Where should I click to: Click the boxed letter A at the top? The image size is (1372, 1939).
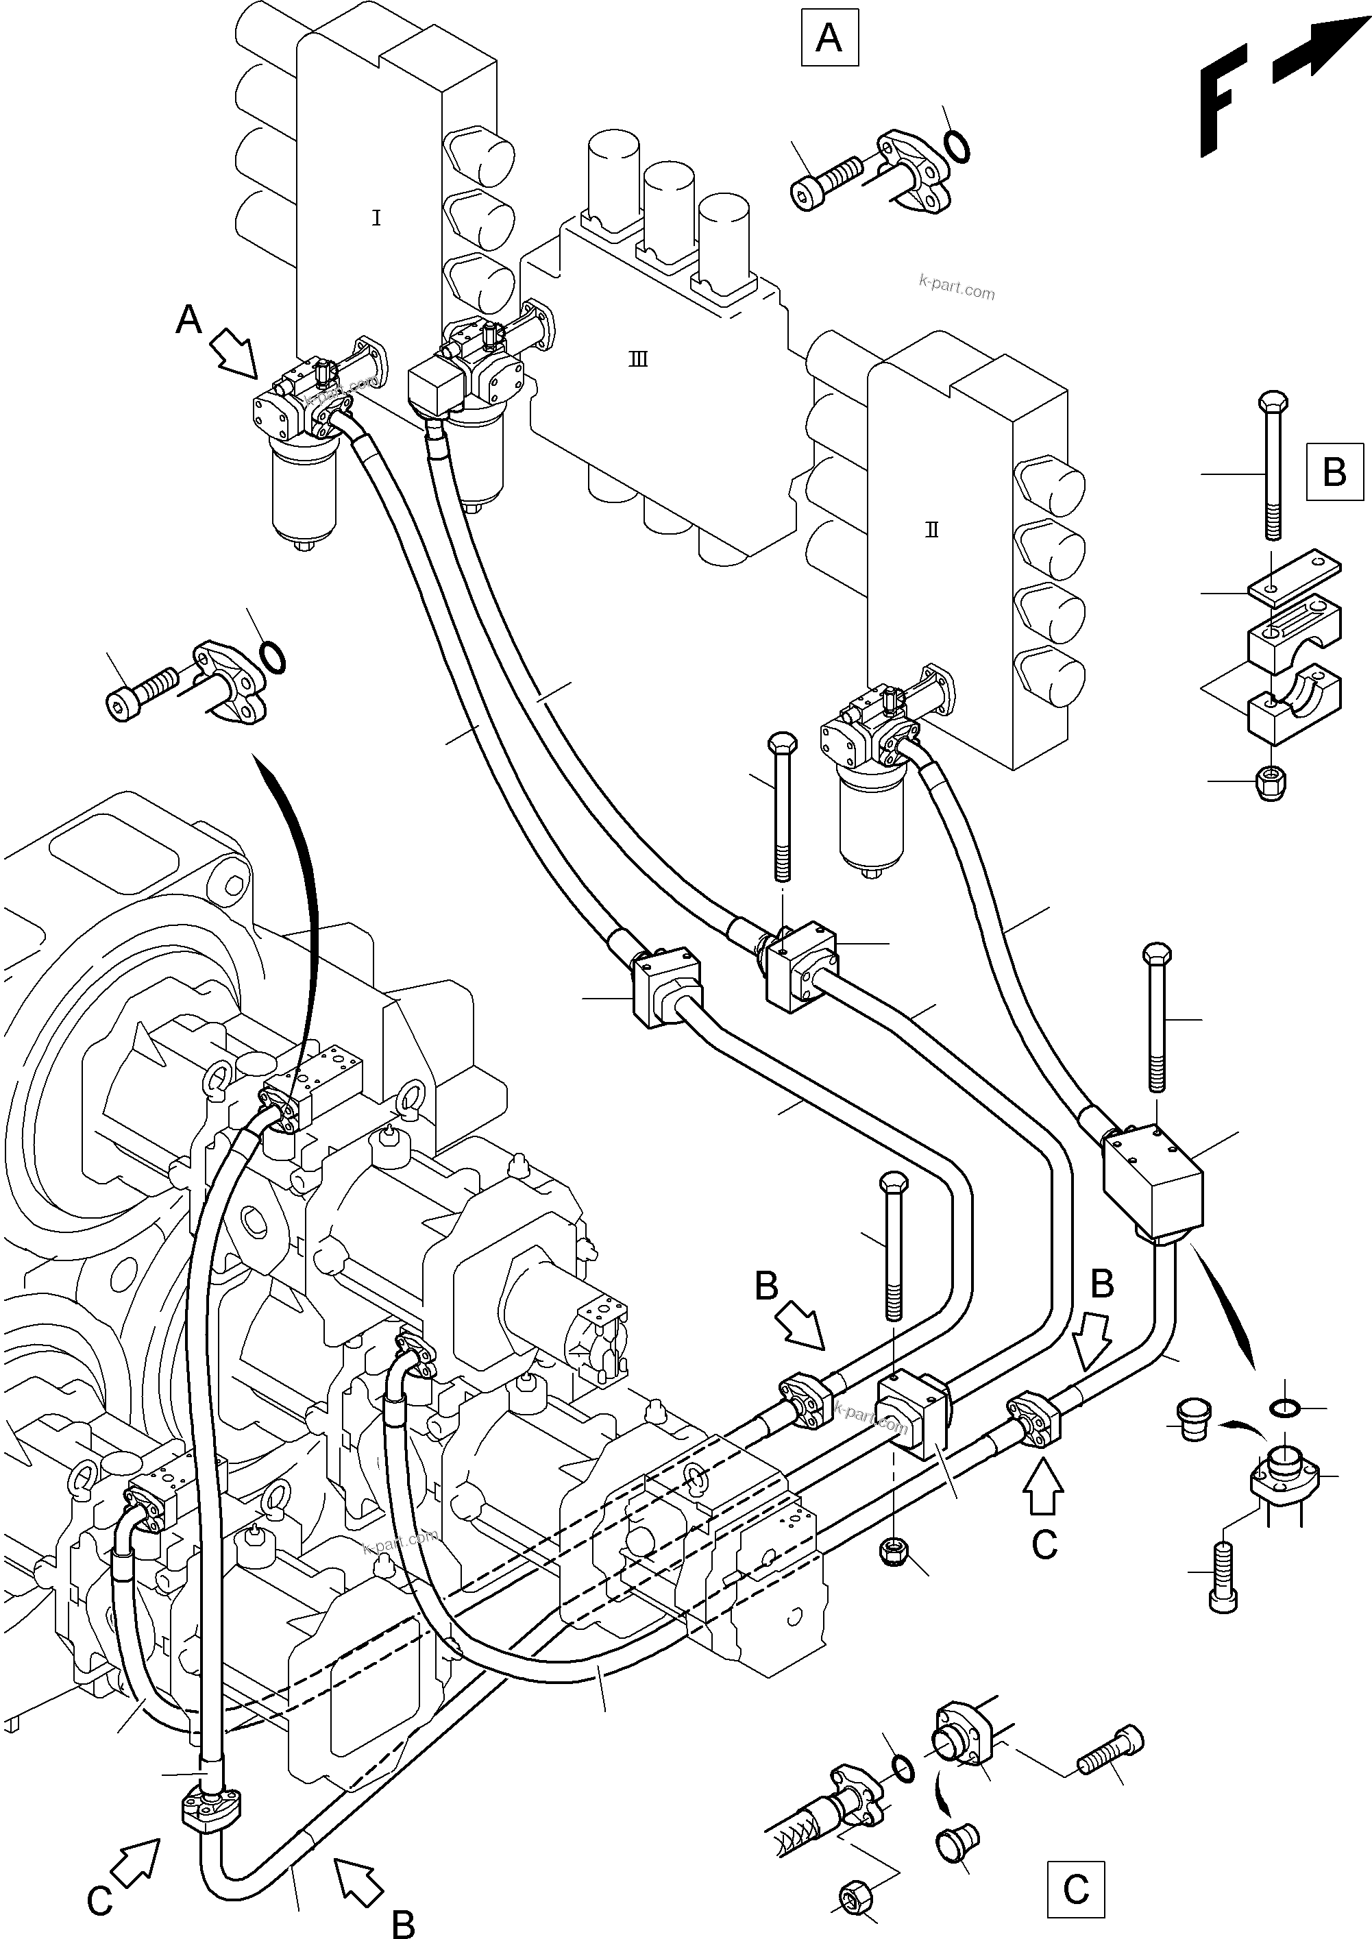coord(829,38)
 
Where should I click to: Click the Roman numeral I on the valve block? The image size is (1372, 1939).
coord(376,218)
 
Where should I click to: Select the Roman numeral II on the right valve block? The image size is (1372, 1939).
coord(932,531)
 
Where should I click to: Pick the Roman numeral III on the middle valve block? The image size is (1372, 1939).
coord(639,360)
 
